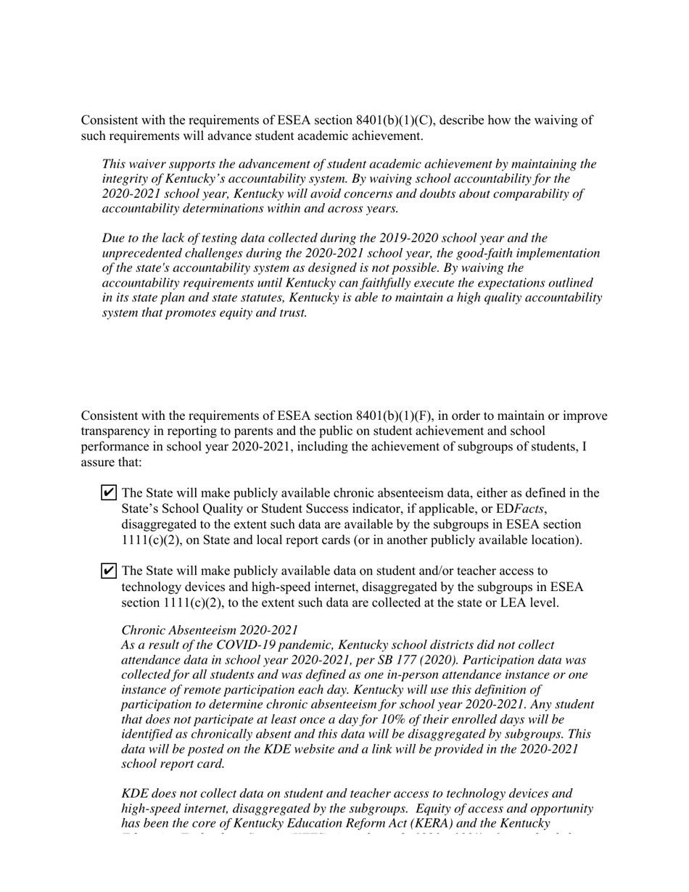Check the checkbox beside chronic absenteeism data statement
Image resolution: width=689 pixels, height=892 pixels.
pyautogui.click(x=108, y=493)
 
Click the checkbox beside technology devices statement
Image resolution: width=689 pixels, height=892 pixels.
pyautogui.click(x=108, y=571)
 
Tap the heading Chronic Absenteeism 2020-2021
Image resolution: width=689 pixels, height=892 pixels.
pyautogui.click(x=210, y=630)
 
